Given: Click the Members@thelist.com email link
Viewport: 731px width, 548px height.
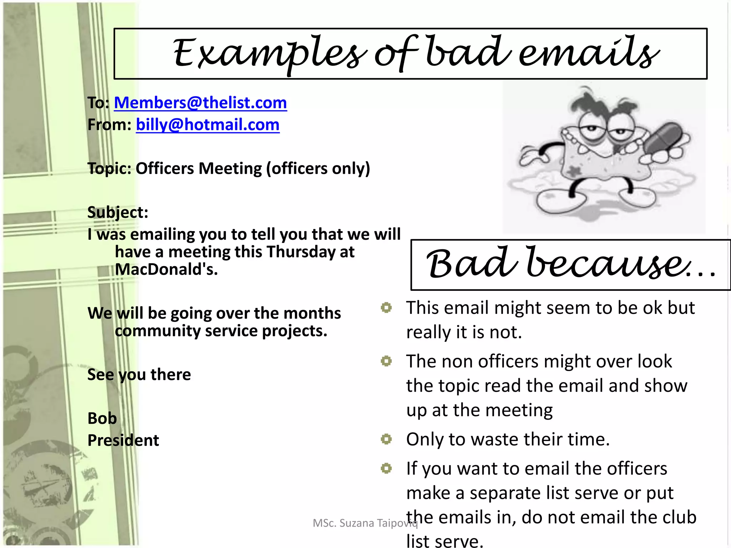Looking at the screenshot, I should (200, 103).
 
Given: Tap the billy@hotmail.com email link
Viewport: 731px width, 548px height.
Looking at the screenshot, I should (207, 125).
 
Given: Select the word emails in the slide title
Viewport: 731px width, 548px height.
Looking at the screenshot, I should (589, 54).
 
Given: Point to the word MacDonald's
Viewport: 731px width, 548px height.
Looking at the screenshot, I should (166, 269).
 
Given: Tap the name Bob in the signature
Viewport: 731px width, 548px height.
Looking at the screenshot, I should (102, 418).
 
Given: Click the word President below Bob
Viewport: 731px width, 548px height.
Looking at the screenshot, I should (123, 440).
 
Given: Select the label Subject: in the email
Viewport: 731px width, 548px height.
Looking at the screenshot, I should (118, 212).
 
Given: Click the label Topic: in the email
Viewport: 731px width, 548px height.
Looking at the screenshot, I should (109, 168).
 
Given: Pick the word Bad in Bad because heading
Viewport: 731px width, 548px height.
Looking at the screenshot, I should (471, 264).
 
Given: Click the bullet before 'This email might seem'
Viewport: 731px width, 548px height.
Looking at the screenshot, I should (386, 308).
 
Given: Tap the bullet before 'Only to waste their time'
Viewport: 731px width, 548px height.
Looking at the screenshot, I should (386, 439).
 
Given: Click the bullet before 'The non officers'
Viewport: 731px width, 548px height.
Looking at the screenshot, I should (386, 361).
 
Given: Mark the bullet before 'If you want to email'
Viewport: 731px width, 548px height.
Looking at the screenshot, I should (386, 468).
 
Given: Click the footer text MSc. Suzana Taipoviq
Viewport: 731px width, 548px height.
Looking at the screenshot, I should (365, 523).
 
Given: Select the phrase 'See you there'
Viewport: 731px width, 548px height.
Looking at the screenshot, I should (139, 375).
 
